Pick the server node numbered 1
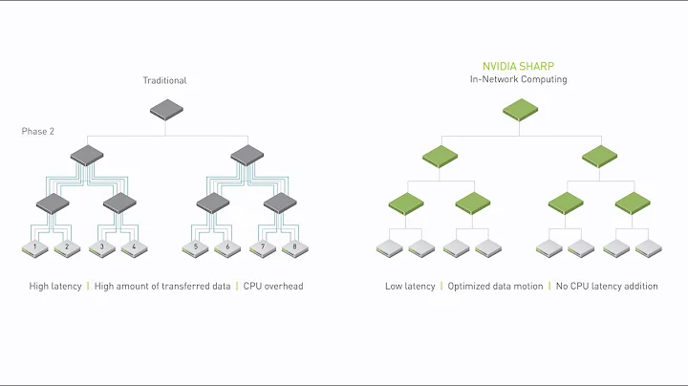(x=35, y=247)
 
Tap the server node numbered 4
(x=133, y=247)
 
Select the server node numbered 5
(x=195, y=247)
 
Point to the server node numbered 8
(x=293, y=247)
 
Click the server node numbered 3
(x=101, y=247)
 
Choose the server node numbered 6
(x=228, y=247)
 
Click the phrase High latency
(x=54, y=286)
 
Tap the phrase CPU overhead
(x=273, y=286)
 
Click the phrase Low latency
(x=410, y=286)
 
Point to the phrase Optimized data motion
(x=495, y=286)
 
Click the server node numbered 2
(x=68, y=247)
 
